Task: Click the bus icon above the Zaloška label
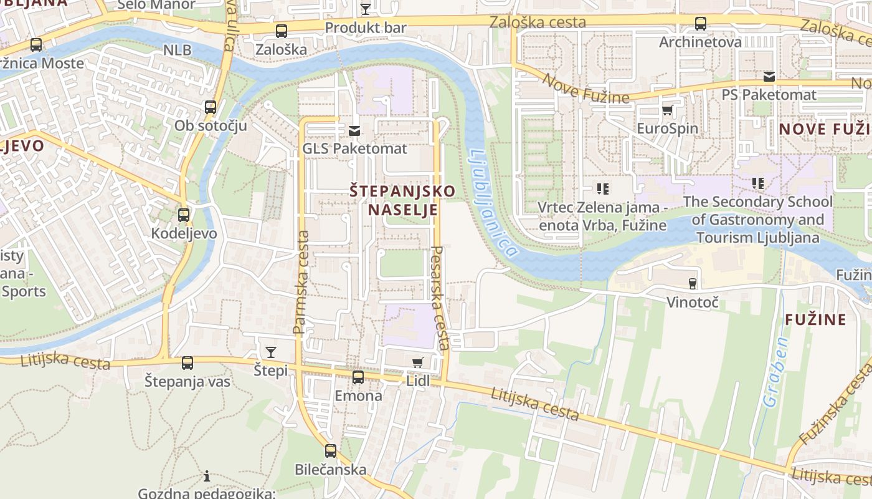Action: click(282, 31)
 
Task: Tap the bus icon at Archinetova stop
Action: click(701, 24)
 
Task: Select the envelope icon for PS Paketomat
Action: click(769, 77)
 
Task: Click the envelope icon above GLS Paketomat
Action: click(354, 131)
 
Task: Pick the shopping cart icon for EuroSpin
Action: click(668, 110)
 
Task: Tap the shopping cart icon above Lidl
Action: click(418, 362)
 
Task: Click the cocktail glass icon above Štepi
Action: click(271, 352)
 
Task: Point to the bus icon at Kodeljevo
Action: click(184, 215)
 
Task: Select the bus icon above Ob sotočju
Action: click(211, 107)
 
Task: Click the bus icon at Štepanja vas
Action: click(187, 363)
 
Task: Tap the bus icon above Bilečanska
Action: click(331, 451)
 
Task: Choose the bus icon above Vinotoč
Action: click(692, 284)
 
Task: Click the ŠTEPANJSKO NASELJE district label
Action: click(402, 200)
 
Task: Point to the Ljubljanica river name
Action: click(492, 203)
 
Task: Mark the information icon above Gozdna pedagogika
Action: click(207, 477)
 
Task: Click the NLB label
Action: click(178, 50)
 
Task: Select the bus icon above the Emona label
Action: click(358, 377)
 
